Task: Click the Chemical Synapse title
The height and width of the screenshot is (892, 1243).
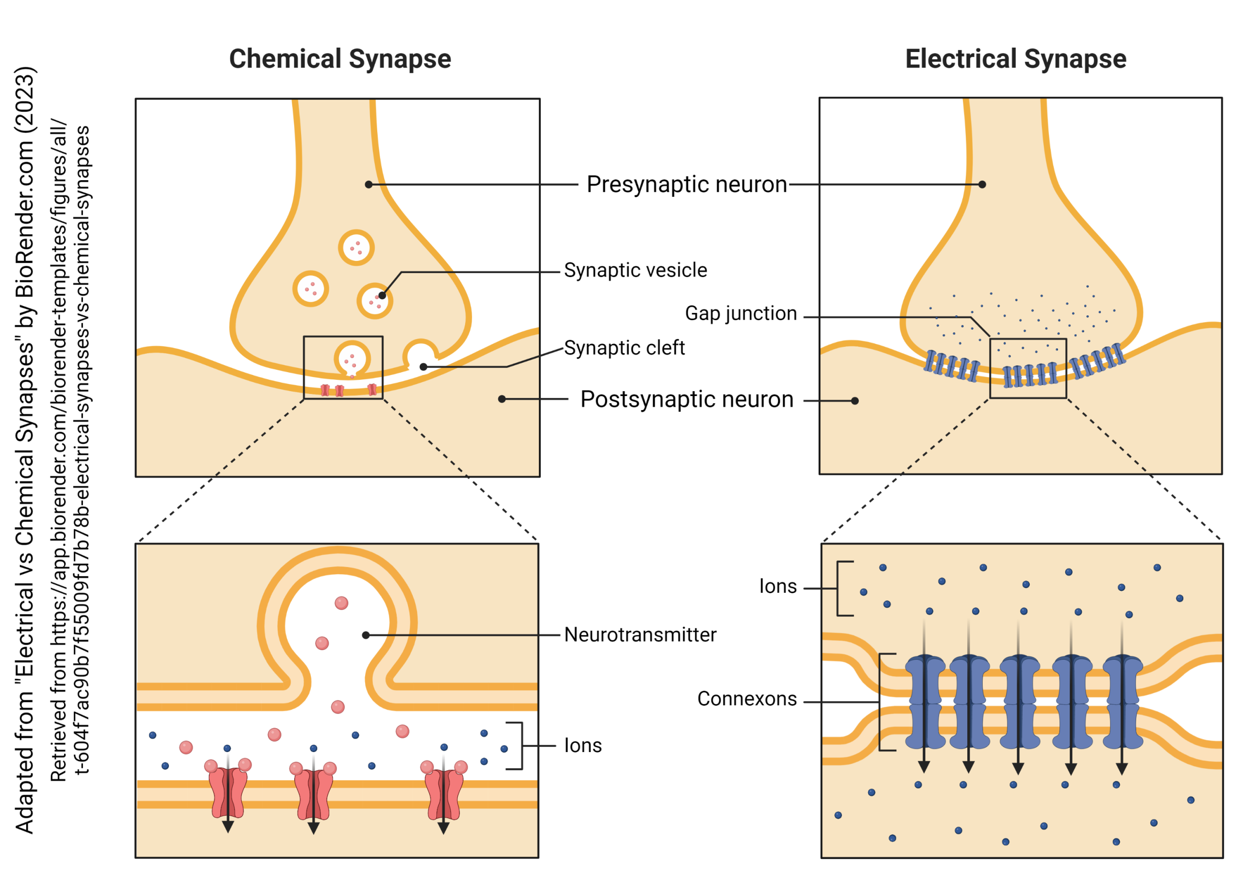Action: coord(340,59)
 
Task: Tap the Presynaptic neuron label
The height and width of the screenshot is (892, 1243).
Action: coord(686,185)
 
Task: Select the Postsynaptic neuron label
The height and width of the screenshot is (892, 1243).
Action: coord(686,400)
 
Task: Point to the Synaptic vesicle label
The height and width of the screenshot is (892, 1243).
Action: coord(635,270)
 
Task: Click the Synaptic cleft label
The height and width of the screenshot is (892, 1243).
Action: coord(624,347)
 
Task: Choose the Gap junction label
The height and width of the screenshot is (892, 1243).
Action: coord(740,313)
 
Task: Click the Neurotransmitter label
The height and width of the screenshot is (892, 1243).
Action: coord(640,635)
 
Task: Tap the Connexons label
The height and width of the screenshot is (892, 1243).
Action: coord(746,699)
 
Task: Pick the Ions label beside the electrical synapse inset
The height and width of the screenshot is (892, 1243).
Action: coord(777,586)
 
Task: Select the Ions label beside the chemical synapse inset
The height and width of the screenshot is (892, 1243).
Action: coord(583,746)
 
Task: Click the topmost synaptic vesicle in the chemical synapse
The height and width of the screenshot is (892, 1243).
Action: coord(356,247)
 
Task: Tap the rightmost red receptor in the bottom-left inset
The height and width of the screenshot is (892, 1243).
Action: coord(443,793)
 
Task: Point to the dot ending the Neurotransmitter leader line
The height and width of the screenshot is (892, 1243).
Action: coord(366,635)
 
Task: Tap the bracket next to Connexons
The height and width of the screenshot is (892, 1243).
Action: coord(881,702)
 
